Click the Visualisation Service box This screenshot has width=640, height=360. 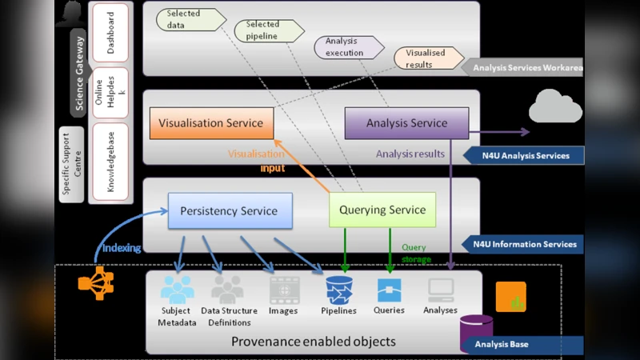[211, 123]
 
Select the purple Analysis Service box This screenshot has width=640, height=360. [406, 123]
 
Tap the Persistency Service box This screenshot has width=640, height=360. [229, 211]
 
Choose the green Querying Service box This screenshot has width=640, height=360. [382, 210]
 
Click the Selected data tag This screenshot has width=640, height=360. [188, 19]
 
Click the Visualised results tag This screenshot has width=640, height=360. [429, 58]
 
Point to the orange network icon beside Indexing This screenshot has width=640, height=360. [95, 283]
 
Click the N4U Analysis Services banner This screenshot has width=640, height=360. [525, 155]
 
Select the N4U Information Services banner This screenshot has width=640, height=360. [525, 244]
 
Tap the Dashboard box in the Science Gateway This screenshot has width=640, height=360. [110, 33]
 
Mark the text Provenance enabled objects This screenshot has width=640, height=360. [313, 342]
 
